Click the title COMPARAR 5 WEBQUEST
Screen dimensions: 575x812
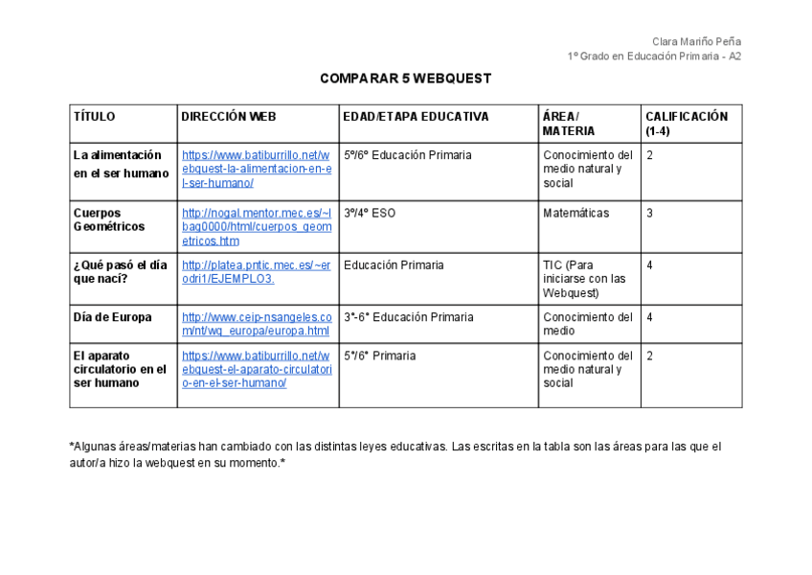point(405,79)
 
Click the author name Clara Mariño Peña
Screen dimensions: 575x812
point(696,41)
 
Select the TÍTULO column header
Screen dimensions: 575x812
point(94,117)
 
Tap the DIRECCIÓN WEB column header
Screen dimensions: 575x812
point(229,117)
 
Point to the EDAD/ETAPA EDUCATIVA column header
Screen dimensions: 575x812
point(416,117)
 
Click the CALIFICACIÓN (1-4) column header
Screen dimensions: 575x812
point(686,124)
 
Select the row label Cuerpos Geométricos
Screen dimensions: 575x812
point(109,219)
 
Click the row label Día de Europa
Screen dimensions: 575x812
point(112,317)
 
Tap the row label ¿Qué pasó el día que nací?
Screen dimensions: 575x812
point(120,271)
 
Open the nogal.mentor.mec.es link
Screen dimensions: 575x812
point(256,227)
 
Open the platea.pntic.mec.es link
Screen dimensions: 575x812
point(256,271)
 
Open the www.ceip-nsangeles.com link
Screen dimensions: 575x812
point(256,324)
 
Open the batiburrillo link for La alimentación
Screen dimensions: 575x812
point(256,169)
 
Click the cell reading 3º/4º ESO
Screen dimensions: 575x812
point(369,213)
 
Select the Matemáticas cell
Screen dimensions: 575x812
point(575,213)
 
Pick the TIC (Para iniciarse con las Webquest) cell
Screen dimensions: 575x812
point(584,279)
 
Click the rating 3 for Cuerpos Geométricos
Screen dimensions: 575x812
point(649,213)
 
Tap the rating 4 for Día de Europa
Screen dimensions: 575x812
point(649,317)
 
